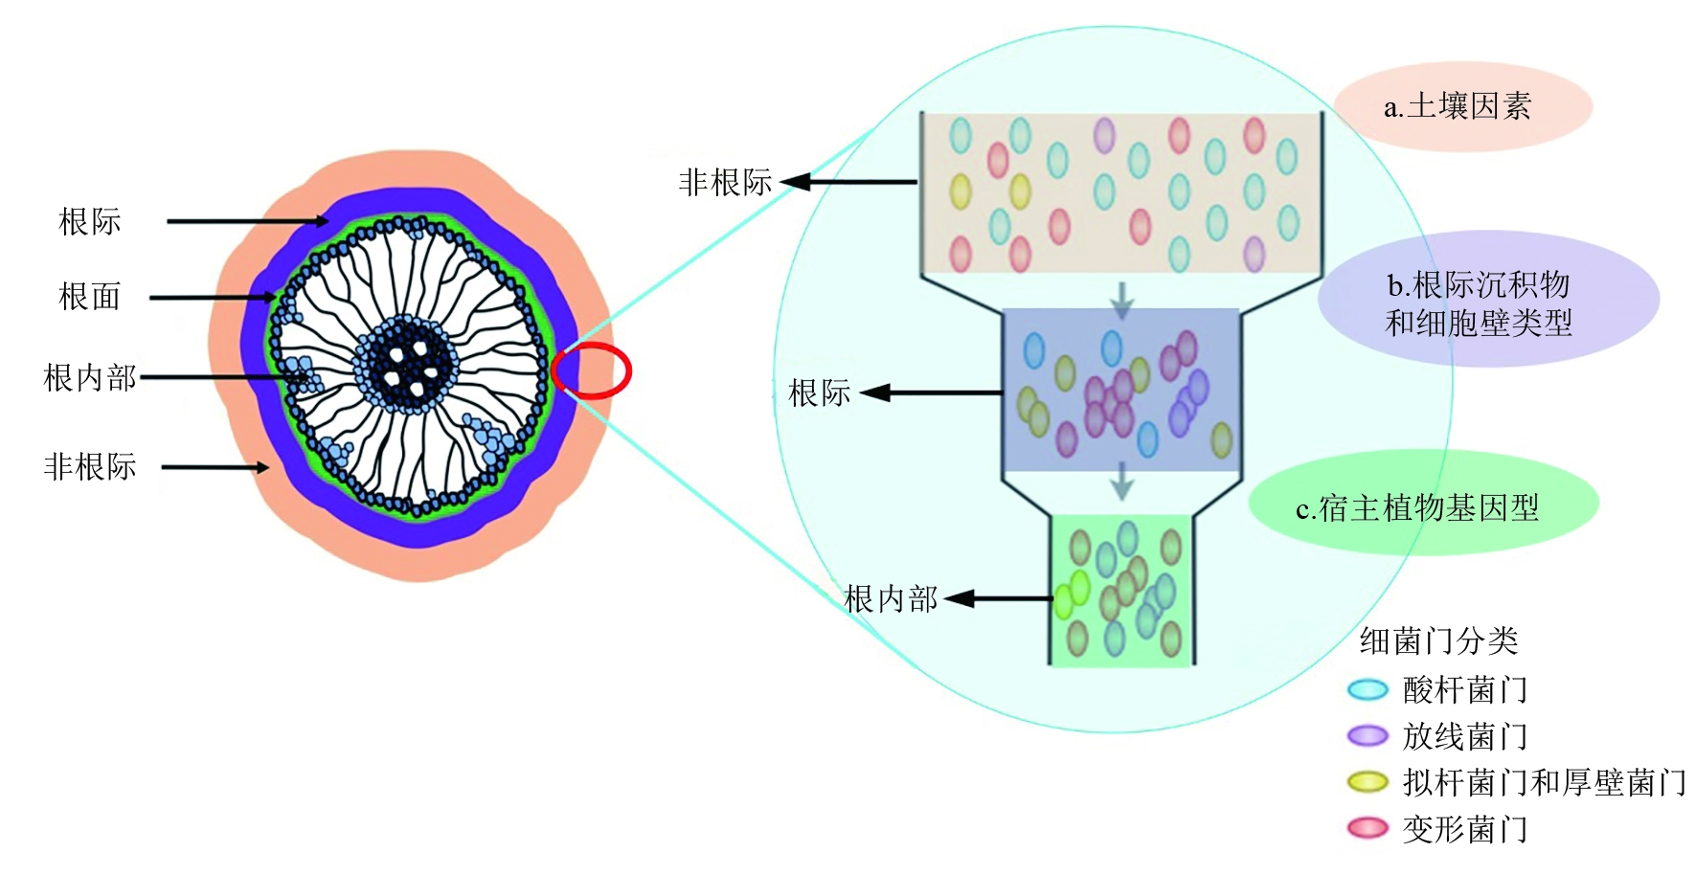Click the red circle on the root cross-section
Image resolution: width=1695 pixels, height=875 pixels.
tap(592, 370)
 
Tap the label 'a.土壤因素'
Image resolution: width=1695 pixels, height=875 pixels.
tap(1458, 106)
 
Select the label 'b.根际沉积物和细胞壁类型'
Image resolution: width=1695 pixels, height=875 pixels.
tap(1480, 303)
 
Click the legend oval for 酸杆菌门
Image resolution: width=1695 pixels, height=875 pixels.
tap(1367, 689)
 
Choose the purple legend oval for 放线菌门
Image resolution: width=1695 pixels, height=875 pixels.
tap(1367, 735)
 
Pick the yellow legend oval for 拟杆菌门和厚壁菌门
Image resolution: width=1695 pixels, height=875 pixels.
tap(1367, 782)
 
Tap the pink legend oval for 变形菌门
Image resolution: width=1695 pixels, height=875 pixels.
tap(1367, 828)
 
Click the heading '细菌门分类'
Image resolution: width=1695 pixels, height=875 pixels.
tap(1438, 640)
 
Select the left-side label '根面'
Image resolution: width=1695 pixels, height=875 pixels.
tap(89, 297)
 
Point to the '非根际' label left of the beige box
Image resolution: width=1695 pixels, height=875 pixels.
tap(725, 182)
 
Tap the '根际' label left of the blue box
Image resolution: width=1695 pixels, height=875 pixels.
tap(819, 393)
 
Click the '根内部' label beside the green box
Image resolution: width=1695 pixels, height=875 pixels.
tap(891, 599)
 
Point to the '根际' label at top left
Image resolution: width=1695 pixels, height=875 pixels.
tap(89, 222)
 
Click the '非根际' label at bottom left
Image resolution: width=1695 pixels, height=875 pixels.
tap(89, 467)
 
